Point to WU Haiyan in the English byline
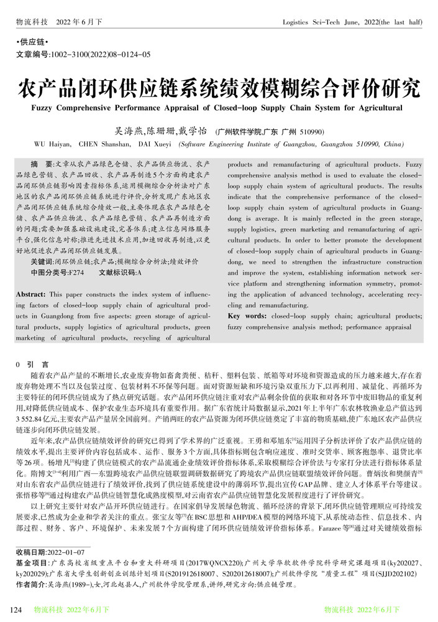50,144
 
